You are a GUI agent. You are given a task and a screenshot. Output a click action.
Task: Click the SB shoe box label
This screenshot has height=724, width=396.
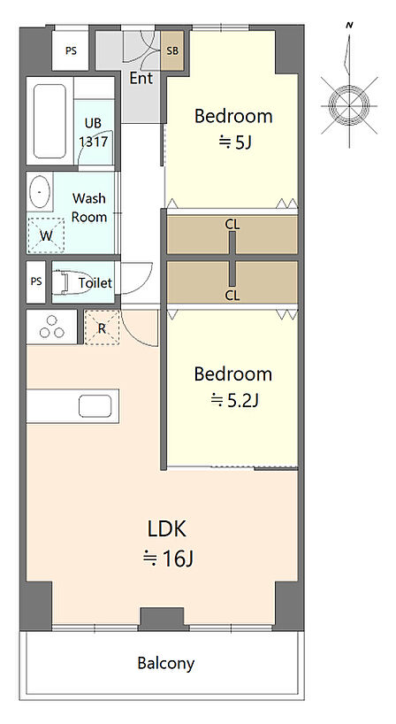coord(172,50)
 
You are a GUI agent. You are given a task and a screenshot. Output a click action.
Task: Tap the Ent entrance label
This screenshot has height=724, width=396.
coord(141,78)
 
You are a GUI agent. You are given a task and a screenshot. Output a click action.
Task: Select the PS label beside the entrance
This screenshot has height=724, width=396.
coord(71,51)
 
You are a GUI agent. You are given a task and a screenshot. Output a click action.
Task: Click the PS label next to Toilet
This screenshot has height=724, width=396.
coord(36,281)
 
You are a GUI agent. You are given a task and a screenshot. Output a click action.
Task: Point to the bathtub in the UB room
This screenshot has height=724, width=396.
coord(49,121)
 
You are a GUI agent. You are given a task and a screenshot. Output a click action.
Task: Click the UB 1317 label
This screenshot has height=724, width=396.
coord(93,133)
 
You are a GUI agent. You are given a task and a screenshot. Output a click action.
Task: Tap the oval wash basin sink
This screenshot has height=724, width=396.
coord(40,191)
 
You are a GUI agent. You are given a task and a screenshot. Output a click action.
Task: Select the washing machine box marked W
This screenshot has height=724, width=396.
coord(46,235)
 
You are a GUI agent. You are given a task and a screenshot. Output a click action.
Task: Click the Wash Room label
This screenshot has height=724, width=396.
coord(89,208)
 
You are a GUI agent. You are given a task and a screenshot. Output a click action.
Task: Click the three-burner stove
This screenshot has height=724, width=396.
coord(51,327)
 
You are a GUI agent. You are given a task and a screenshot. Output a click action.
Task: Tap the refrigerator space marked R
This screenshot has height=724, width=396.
coord(103,327)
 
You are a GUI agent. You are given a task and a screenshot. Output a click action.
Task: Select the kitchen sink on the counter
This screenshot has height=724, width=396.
coord(95,406)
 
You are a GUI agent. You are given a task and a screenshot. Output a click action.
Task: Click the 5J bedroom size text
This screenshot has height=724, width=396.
coord(234,142)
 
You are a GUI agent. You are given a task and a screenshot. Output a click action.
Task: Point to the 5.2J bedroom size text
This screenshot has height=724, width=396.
coord(234,400)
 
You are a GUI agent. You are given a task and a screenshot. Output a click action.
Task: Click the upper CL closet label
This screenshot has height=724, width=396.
coord(232,225)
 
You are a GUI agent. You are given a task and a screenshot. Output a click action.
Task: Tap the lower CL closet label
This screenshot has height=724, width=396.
coord(232,296)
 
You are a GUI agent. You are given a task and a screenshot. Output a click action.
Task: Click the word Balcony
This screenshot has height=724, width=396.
coord(166,664)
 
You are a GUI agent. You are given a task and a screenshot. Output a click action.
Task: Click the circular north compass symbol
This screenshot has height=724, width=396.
coord(349,105)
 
